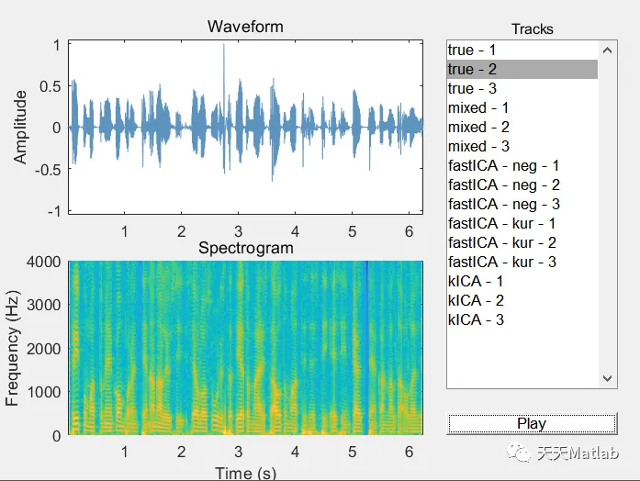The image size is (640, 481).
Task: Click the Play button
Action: [532, 423]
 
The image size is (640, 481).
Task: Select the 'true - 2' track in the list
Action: [472, 69]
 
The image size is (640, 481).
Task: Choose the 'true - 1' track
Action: [472, 50]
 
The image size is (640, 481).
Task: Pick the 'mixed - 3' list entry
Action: [478, 146]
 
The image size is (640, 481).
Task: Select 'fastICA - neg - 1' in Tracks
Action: [503, 165]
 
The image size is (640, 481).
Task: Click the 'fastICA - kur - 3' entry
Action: [502, 262]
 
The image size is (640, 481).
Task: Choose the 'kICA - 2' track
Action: [476, 300]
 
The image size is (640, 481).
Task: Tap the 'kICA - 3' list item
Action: [476, 319]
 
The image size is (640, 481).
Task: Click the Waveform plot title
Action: [245, 26]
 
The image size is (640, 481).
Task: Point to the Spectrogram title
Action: [246, 248]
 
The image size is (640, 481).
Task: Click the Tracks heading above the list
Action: [533, 28]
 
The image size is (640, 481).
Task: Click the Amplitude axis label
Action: [21, 128]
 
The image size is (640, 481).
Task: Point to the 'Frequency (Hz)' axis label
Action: [13, 349]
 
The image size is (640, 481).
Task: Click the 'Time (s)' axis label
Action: [245, 473]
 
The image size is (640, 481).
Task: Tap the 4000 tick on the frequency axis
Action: [44, 262]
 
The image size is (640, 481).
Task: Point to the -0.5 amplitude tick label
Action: [45, 170]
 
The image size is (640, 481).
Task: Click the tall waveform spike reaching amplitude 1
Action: [223, 55]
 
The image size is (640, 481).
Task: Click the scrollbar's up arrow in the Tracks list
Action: [607, 50]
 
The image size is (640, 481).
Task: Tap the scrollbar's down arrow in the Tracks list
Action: [607, 377]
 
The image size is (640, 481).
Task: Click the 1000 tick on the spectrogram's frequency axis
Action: [44, 392]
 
